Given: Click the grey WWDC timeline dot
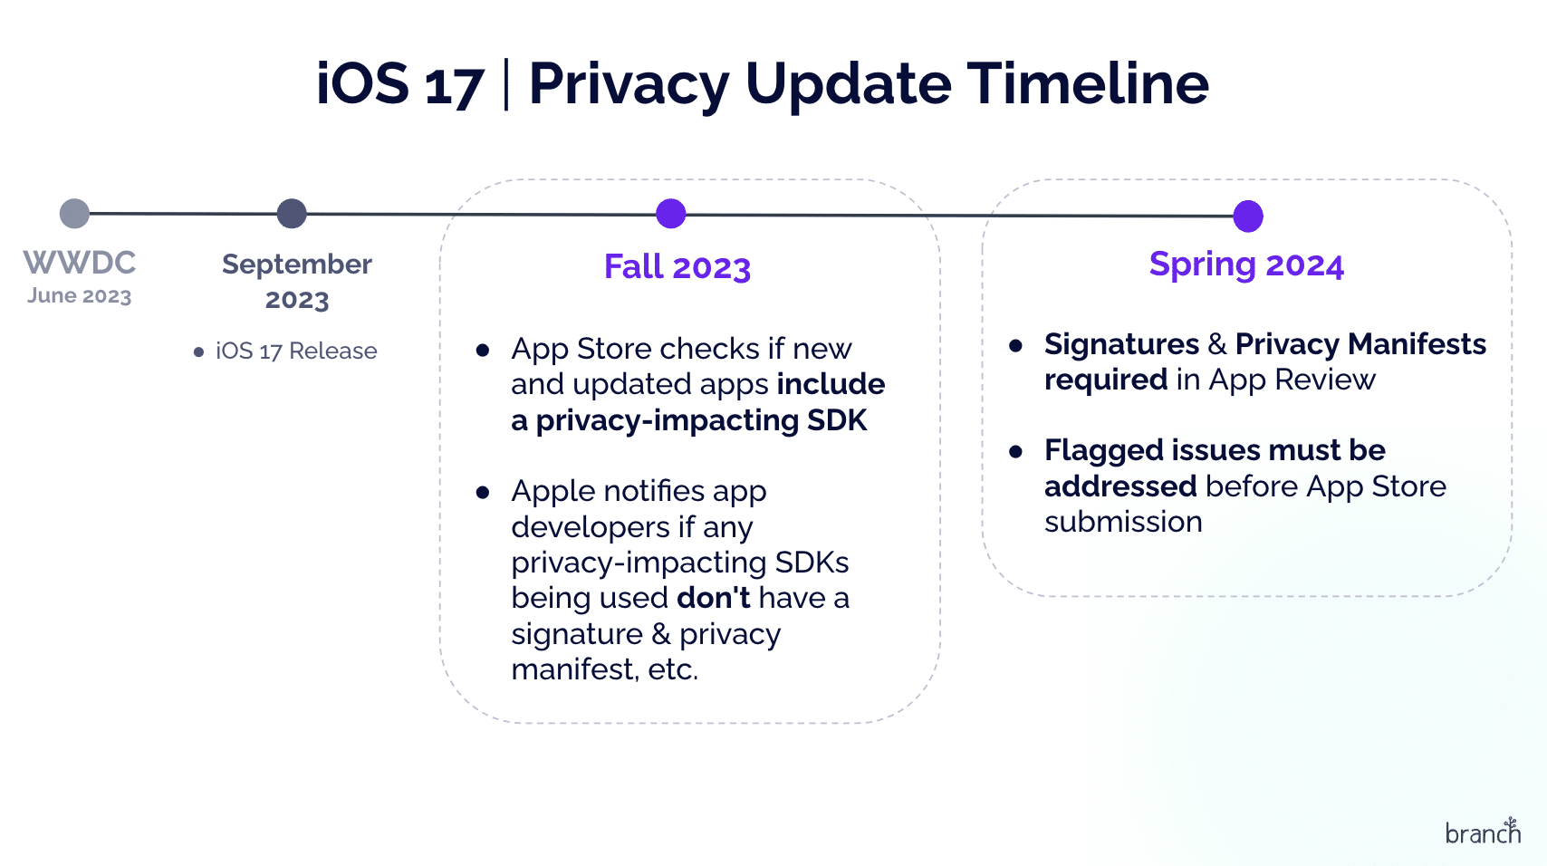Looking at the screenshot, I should tap(74, 214).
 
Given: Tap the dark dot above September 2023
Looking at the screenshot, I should tap(292, 214).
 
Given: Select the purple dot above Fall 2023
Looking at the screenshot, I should tap(670, 214).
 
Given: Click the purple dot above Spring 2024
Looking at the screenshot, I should tap(1248, 216).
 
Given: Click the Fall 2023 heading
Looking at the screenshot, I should tap(677, 267).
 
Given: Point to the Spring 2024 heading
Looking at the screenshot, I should tap(1245, 265).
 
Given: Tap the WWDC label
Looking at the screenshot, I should tap(80, 263).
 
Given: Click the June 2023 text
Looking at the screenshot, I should tap(80, 296).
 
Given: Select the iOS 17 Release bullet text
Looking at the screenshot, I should tap(296, 351).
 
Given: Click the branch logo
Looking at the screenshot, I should tap(1483, 832).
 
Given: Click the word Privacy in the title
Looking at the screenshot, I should tap(629, 84).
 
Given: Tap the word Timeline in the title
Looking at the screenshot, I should tap(1088, 83).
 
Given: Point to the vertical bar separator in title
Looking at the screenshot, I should tap(505, 84).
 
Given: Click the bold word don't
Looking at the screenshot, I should tap(714, 598).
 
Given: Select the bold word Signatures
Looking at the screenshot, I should tap(1121, 344).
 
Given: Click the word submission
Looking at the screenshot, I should tap(1123, 522).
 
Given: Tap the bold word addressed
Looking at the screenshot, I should tap(1120, 486).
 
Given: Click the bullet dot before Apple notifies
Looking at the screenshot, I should tap(483, 493).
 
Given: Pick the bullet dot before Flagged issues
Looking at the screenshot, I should tap(1015, 452).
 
